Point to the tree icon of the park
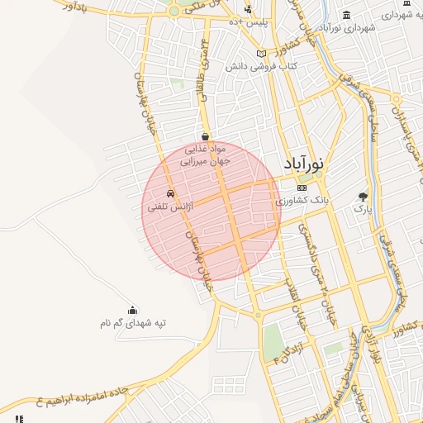coord(364,197)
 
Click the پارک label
coord(364,209)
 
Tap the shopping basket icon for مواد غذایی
coord(205,136)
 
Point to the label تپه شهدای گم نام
coord(134,323)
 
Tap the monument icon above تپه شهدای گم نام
coord(134,310)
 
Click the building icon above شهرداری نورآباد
coord(345,15)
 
